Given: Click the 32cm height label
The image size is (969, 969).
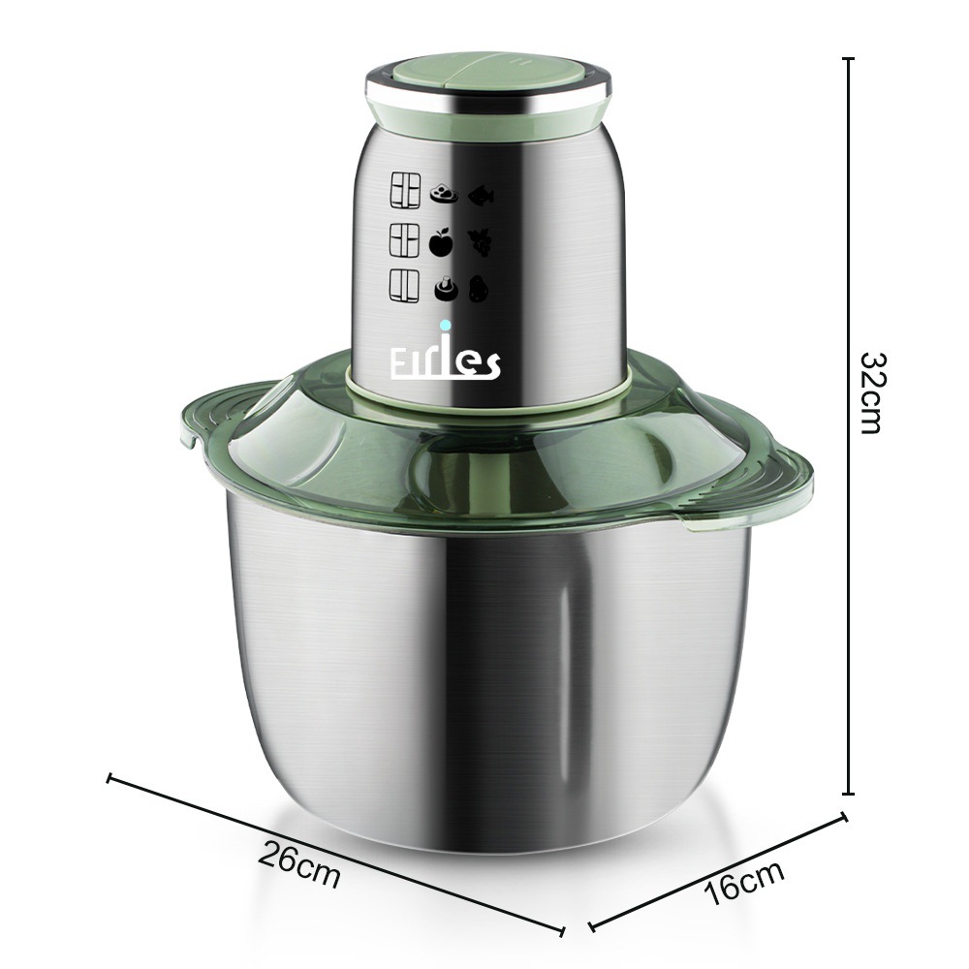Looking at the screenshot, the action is (x=875, y=393).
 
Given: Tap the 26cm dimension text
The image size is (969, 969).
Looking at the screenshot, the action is (x=299, y=864).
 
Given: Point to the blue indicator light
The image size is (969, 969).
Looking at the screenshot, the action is (x=445, y=325).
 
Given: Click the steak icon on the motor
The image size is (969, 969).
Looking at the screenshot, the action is (x=444, y=194).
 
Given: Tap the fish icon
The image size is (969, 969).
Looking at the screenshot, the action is (x=481, y=197).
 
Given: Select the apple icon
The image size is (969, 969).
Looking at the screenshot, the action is (x=441, y=241).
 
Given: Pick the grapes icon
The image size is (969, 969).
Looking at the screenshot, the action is (x=480, y=242).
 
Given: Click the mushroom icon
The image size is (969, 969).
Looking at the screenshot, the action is (x=446, y=288).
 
